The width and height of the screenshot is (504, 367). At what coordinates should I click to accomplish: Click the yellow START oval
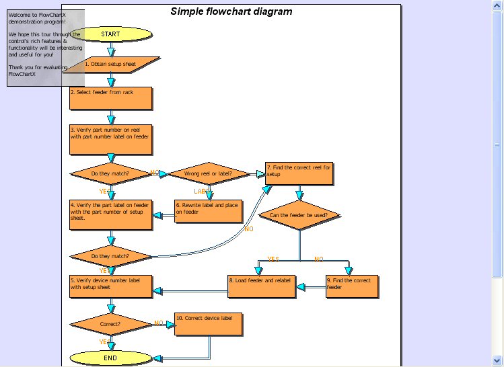coord(110,34)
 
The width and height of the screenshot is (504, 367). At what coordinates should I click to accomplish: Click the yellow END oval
coord(110,358)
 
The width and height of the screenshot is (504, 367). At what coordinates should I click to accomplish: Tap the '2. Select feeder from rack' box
coord(111,97)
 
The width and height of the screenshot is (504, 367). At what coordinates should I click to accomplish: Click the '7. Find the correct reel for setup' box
coord(299,173)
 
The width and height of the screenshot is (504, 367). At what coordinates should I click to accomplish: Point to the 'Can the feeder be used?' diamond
coord(299,216)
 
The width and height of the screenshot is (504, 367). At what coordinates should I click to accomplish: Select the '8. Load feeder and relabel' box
coord(261,286)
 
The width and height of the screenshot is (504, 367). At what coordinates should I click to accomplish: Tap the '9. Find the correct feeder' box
coord(351,286)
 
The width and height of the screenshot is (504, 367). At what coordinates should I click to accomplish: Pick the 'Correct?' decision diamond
coord(110,324)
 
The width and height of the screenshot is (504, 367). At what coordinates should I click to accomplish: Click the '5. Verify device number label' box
coord(111,286)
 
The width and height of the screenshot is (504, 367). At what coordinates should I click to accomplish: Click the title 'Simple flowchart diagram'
coord(231,11)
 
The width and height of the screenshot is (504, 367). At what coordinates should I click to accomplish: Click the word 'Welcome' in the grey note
coord(20,14)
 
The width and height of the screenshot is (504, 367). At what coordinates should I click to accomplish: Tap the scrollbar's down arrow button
coord(497,360)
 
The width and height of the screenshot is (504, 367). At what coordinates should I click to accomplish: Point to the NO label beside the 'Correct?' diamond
coord(159,323)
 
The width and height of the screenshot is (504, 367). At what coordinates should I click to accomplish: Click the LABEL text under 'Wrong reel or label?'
coord(203,192)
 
